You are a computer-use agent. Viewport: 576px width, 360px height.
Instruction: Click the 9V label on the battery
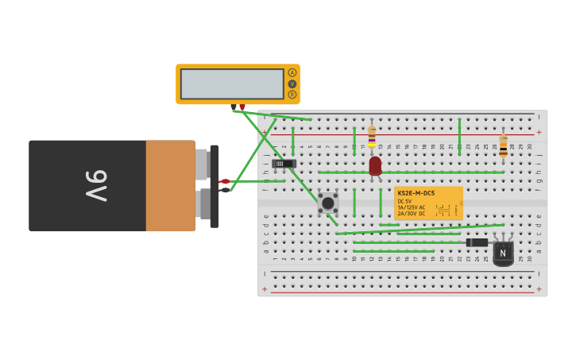[96, 185]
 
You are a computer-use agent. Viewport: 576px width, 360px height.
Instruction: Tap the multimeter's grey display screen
[232, 83]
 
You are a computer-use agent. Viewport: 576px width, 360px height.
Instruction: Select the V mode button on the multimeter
[292, 83]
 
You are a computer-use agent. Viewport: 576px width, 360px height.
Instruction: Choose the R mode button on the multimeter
[292, 95]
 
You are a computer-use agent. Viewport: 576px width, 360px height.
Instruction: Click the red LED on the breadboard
[375, 165]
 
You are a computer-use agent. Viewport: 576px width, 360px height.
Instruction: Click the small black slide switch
[284, 164]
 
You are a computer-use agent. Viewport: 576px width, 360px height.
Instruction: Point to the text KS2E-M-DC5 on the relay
[416, 193]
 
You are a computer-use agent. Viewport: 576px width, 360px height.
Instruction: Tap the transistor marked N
[502, 253]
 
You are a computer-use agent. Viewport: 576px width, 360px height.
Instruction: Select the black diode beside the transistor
[477, 242]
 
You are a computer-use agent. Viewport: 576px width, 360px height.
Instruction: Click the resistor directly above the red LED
[371, 135]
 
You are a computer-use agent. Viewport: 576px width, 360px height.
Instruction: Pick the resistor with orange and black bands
[503, 145]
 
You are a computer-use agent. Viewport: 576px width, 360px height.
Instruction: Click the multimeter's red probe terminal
[242, 106]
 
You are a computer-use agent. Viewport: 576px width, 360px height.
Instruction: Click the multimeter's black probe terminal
[234, 106]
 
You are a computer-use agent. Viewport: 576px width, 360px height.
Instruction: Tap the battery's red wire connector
[225, 181]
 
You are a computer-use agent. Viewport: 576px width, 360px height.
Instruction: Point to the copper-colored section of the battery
[170, 185]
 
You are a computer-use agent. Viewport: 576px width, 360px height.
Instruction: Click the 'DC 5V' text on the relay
[405, 201]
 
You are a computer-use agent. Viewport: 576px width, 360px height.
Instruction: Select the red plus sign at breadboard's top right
[539, 132]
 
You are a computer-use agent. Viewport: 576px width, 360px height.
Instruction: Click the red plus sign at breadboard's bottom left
[265, 288]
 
